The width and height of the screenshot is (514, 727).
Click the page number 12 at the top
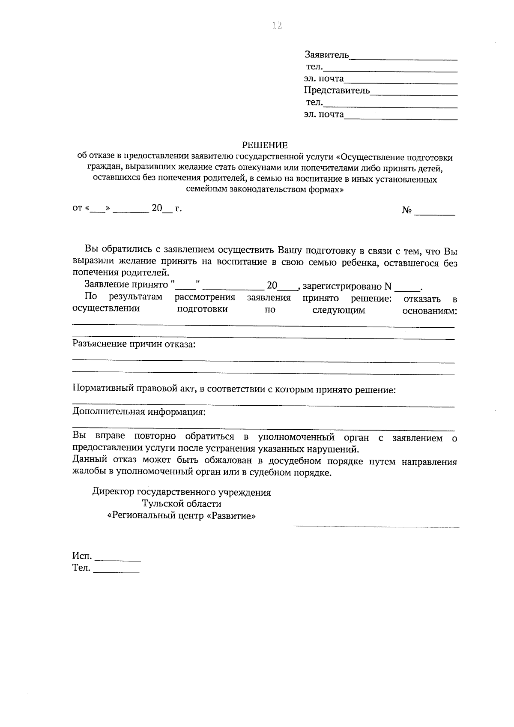tap(277, 26)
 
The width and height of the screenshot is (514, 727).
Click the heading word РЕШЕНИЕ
tap(265, 145)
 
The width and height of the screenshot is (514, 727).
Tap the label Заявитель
tap(327, 55)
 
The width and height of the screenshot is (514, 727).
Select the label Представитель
tap(337, 90)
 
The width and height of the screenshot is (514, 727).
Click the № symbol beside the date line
tap(406, 210)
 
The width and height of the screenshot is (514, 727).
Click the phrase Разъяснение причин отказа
tap(134, 344)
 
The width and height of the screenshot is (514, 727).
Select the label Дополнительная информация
tap(139, 412)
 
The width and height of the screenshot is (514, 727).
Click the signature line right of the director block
tap(376, 526)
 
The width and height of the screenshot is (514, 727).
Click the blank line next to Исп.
tap(117, 560)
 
